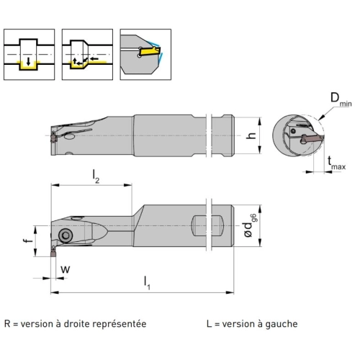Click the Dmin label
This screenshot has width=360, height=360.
coord(341,99)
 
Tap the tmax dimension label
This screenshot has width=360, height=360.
coord(337,163)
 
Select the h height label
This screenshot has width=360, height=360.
coord(251,136)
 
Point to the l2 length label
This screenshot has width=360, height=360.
coord(96,176)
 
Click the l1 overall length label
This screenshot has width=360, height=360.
coord(147,283)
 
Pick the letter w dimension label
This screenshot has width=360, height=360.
coord(66,269)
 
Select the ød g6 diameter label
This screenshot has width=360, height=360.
coord(250,225)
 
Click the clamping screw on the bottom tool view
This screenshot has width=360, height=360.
coord(66,235)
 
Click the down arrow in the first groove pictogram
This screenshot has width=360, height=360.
coord(29,61)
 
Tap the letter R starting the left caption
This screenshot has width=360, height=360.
coord(7,324)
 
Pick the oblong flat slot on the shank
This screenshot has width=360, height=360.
coord(207,226)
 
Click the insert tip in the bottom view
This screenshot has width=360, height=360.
coord(53,253)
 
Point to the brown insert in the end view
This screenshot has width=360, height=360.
coord(311,138)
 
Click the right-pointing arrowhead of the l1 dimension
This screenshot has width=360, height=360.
coord(230,292)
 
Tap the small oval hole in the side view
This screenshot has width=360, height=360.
coord(70,137)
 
